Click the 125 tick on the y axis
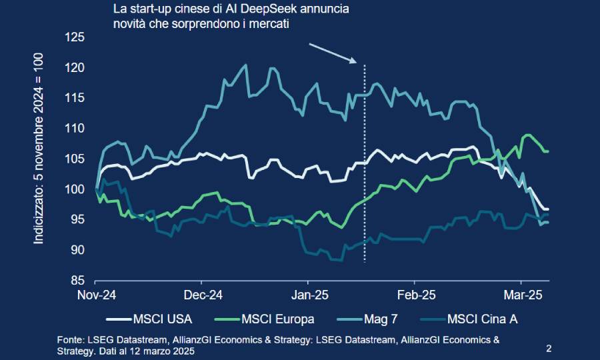coord(77,37)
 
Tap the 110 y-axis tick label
coord(77,129)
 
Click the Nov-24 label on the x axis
coord(97,295)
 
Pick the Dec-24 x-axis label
coord(203,295)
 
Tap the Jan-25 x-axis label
coord(309,295)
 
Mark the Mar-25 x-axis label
coord(521,295)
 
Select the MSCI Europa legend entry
coord(276,319)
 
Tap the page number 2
coord(549,348)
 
